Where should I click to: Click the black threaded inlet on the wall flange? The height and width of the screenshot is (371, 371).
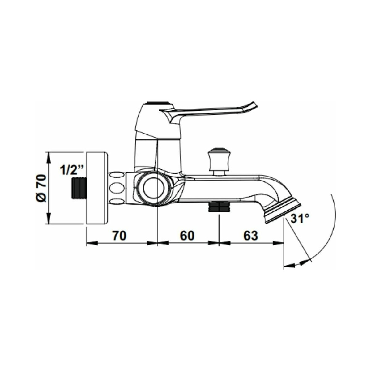(x=79, y=188)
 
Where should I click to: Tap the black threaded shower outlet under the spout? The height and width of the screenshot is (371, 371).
(x=219, y=207)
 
